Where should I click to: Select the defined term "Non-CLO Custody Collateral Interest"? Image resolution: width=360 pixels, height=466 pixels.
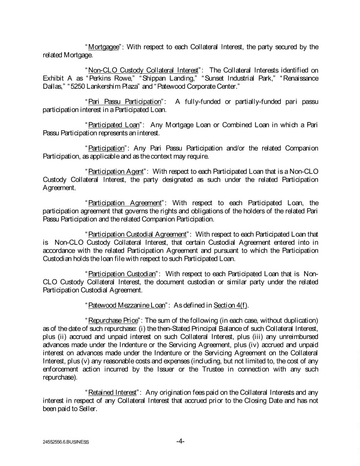(143, 70)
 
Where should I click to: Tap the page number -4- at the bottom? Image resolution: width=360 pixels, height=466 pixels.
(180, 441)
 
